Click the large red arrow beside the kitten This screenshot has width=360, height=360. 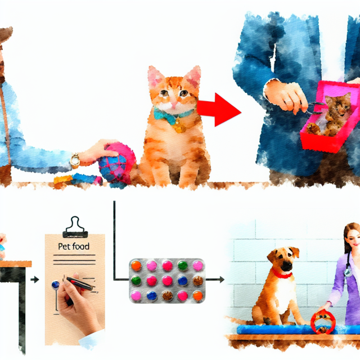tap(219, 110)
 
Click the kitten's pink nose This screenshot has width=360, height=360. tap(174, 104)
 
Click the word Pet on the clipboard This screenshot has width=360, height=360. tap(64, 246)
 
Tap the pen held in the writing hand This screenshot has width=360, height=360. tap(80, 283)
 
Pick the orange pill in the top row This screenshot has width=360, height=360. tap(136, 265)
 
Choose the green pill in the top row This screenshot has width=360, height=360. tap(183, 265)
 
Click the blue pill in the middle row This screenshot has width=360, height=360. tap(183, 281)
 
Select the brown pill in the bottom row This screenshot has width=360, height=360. tap(168, 296)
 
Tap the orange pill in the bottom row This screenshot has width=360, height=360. tap(197, 296)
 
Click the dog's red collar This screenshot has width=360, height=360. tap(281, 274)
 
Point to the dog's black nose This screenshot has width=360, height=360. tap(286, 265)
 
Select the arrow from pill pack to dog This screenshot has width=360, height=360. tap(215, 280)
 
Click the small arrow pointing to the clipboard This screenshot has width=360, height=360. tap(35, 280)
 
